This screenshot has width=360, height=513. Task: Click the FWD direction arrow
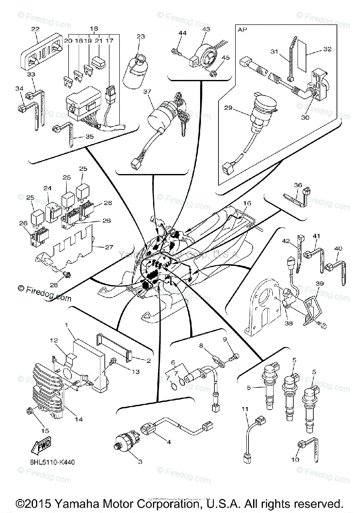click(x=38, y=447)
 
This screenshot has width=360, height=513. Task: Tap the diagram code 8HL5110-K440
click(x=55, y=462)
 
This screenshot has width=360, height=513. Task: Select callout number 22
click(x=35, y=29)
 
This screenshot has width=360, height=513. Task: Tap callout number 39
click(x=319, y=284)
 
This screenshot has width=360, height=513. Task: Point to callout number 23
click(x=141, y=37)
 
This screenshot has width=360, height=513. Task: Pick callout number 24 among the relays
click(x=47, y=188)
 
